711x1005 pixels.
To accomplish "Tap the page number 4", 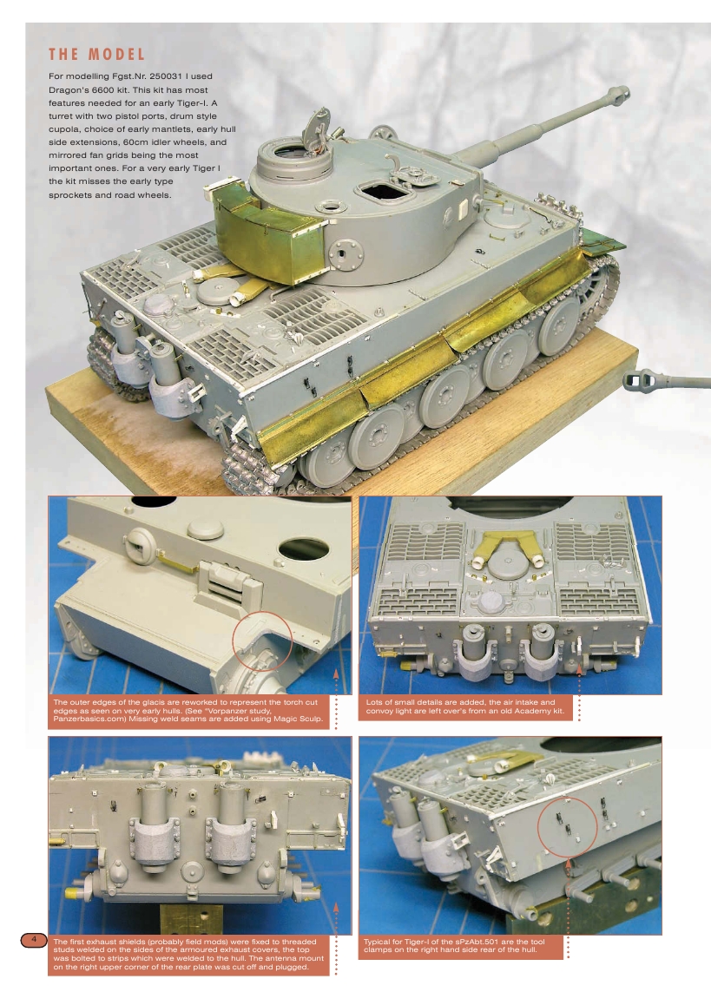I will [x=33, y=940].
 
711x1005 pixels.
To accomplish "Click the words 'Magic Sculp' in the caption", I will [x=298, y=719].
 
